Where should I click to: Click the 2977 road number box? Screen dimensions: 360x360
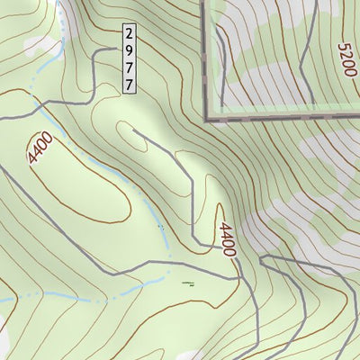(130, 58)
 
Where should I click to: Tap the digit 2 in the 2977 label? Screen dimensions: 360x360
(130, 31)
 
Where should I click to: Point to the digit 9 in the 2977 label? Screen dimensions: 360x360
(130, 49)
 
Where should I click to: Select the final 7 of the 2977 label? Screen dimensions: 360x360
(130, 83)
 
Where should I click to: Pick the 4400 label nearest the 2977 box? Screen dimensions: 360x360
(41, 148)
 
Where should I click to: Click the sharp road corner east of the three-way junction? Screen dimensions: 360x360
(262, 257)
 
